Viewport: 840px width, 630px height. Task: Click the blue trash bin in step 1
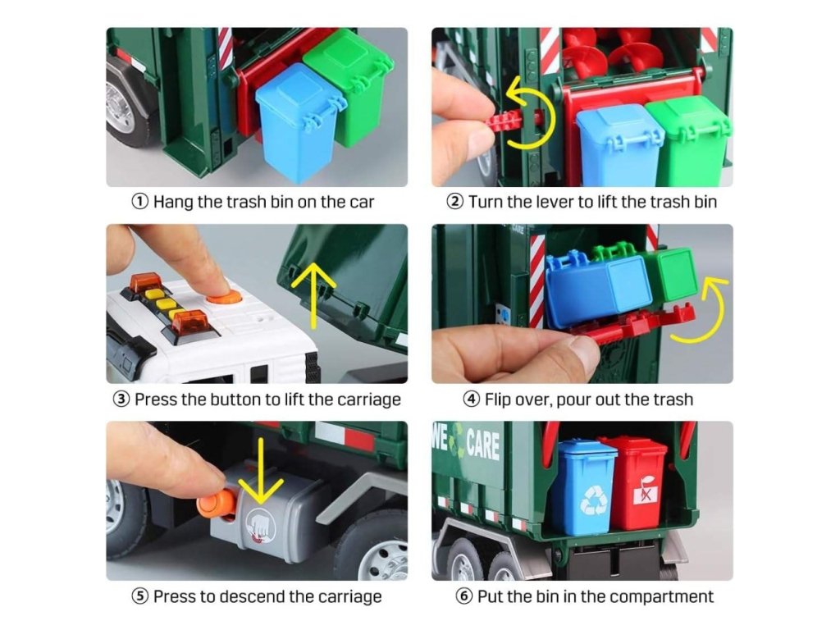click(297, 122)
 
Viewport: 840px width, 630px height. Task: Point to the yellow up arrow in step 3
click(313, 295)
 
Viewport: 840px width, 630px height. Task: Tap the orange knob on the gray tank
click(216, 504)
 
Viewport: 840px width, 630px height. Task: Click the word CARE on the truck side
click(483, 444)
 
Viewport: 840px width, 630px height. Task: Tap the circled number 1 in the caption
click(139, 202)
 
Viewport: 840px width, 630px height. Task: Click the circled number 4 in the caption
click(471, 399)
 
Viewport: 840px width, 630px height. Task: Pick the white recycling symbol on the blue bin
click(594, 500)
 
